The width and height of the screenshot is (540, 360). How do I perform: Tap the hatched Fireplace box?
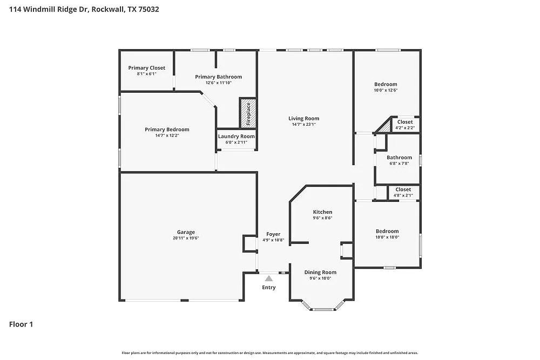(x=248, y=113)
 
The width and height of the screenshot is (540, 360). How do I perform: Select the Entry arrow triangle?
(x=268, y=279)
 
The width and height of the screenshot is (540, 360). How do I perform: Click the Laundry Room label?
(x=236, y=137)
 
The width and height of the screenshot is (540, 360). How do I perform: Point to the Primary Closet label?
(x=146, y=68)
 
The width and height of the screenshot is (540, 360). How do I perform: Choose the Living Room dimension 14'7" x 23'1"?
(x=303, y=124)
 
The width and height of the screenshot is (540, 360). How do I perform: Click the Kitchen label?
(x=322, y=212)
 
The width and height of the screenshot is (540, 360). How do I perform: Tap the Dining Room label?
(x=320, y=273)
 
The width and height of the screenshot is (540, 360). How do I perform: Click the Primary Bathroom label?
(x=218, y=77)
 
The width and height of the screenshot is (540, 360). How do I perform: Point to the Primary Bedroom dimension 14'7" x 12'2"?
(x=167, y=135)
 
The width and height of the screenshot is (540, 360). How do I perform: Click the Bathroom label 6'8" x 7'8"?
(x=399, y=158)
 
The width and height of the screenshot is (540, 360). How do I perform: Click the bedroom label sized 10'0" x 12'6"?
(x=386, y=84)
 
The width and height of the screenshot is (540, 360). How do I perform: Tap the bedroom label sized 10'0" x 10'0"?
(x=387, y=231)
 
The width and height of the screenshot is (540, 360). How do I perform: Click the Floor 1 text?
(x=22, y=324)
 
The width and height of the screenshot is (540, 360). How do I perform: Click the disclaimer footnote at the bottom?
(x=270, y=352)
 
